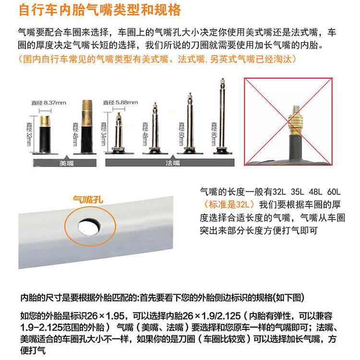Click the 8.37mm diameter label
coord(48,103)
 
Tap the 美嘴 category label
coord(65,163)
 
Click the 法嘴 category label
coord(173,163)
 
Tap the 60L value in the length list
coord(331,191)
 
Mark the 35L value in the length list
coord(288,191)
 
